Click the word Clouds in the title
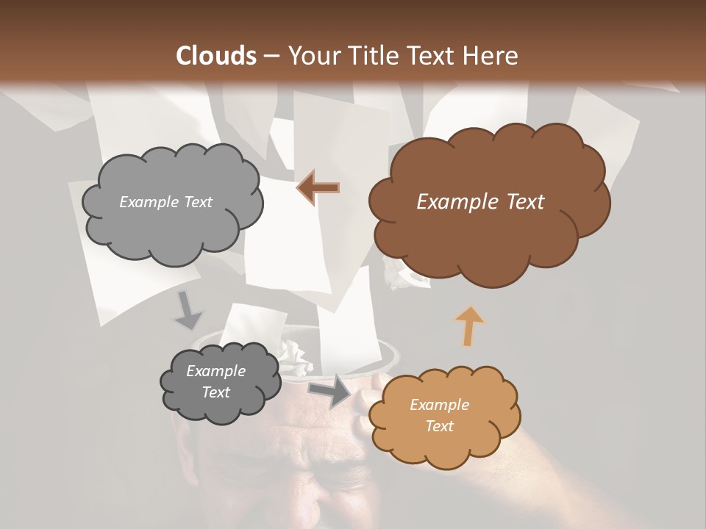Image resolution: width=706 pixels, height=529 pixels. (215, 56)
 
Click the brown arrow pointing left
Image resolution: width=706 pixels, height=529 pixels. (318, 188)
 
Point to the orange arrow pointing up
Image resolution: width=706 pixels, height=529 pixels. (469, 325)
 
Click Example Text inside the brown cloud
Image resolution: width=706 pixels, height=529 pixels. (480, 201)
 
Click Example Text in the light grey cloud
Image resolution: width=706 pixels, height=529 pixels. (165, 202)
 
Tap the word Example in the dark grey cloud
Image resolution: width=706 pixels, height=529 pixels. (215, 371)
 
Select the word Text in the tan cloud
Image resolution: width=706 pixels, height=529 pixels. (439, 426)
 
